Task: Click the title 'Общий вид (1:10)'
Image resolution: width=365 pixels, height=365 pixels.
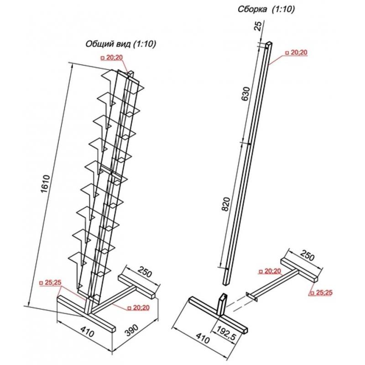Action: click(121, 44)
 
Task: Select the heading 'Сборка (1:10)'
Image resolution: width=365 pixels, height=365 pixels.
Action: click(266, 9)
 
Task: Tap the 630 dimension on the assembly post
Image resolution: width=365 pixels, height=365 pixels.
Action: click(246, 94)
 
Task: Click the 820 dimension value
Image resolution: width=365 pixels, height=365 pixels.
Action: click(226, 204)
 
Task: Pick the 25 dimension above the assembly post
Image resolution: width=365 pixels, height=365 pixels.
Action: click(258, 26)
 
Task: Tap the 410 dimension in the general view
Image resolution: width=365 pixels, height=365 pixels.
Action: click(88, 331)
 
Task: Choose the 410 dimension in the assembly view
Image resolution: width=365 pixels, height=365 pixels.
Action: click(203, 338)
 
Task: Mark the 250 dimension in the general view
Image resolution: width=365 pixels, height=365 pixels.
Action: click(145, 271)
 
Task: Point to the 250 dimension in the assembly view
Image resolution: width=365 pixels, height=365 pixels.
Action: click(307, 255)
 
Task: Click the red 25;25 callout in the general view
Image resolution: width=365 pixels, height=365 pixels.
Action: click(50, 282)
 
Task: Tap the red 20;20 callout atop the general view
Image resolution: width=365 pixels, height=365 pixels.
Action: click(112, 57)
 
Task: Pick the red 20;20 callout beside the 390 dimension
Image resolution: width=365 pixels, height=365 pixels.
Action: click(138, 308)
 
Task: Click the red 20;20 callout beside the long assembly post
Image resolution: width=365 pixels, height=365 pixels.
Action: click(296, 52)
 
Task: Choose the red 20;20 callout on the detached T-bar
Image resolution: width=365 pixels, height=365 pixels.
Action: click(270, 271)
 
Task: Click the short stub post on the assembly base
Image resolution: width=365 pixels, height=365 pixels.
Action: click(223, 304)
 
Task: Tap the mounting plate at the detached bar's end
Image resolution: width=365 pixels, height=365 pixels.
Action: click(252, 297)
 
